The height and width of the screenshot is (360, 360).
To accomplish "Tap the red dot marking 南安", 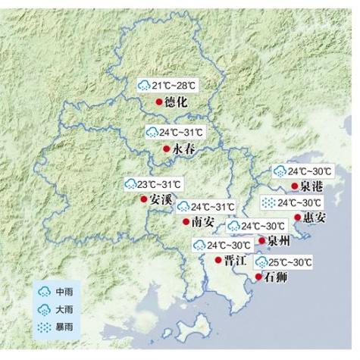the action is (186, 222).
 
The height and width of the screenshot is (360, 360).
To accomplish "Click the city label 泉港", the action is (311, 186).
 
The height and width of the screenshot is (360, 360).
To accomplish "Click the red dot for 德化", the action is (158, 102).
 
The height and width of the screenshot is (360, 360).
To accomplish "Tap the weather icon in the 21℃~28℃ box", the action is (144, 84).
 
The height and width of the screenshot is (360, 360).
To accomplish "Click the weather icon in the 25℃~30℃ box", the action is (261, 263).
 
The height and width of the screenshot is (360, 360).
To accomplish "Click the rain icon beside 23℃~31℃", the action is (131, 185).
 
